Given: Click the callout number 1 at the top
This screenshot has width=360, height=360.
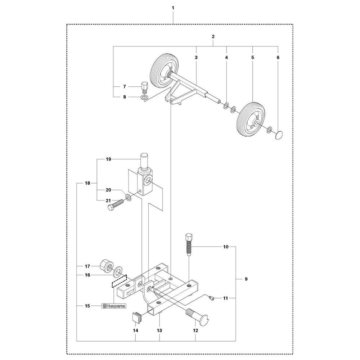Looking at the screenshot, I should (x=173, y=8).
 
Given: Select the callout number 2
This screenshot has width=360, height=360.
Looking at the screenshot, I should (x=213, y=37).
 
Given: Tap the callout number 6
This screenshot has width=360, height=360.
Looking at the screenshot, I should (x=278, y=58).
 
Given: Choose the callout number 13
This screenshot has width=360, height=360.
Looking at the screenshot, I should (x=159, y=330).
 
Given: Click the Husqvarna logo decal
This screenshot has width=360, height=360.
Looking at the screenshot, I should (x=113, y=306).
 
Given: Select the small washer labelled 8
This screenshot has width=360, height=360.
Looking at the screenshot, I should (x=144, y=97).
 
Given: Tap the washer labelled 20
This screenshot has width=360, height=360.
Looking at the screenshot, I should (x=128, y=197).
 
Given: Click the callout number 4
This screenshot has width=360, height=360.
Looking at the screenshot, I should (x=226, y=58).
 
